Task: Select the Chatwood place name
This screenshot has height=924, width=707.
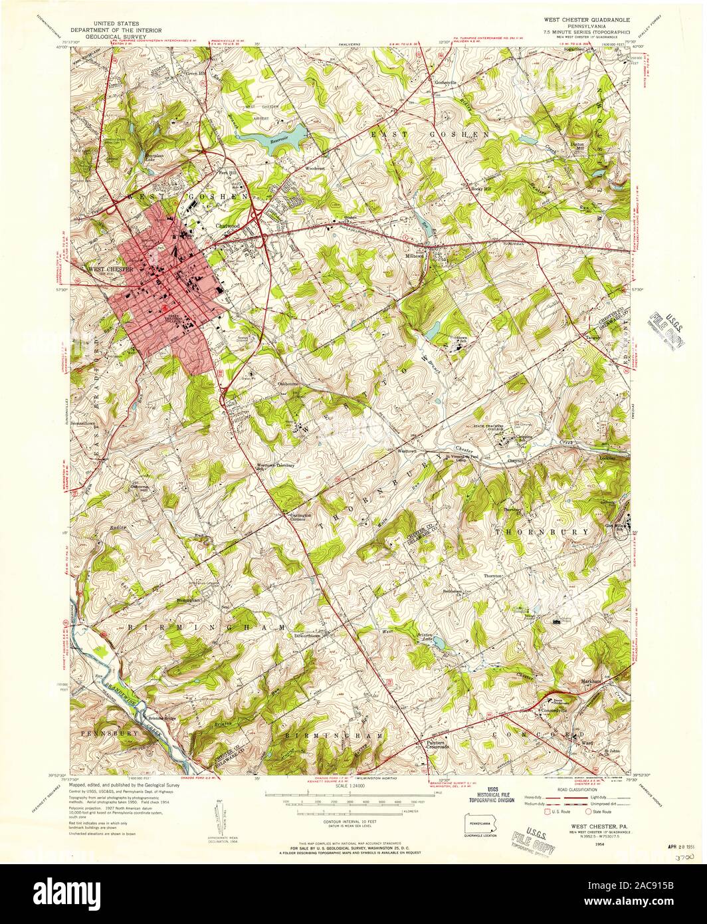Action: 226,225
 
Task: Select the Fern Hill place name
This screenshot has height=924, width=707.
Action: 228,172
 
